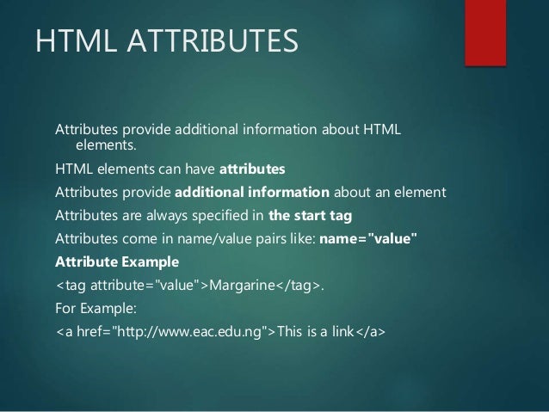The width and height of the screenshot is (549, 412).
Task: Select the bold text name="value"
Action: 367,237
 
